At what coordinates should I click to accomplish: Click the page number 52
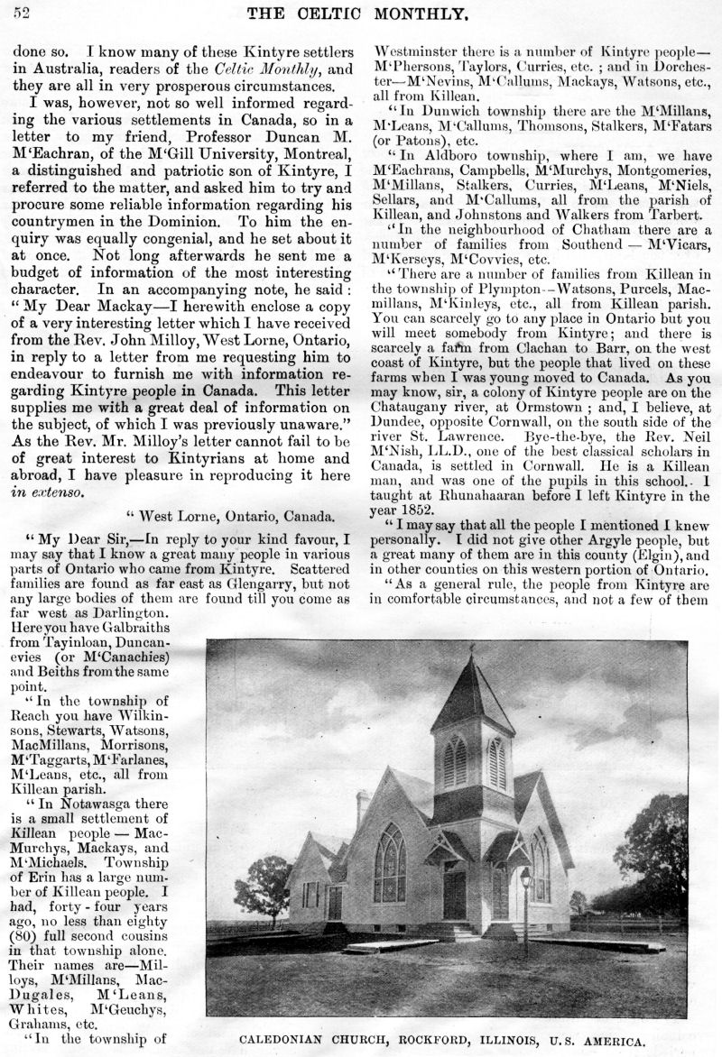tap(23, 13)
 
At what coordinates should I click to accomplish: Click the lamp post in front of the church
tap(524, 902)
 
